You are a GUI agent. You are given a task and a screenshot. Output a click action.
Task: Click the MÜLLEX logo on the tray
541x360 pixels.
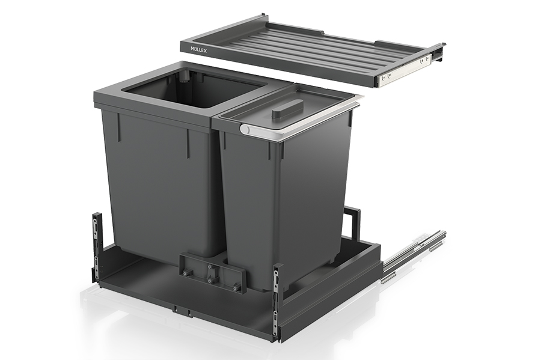(x=199, y=50)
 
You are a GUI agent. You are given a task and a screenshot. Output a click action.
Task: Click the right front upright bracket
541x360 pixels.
(x=277, y=301)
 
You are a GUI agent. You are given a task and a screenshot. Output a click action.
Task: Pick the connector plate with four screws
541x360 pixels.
(x=212, y=272)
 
